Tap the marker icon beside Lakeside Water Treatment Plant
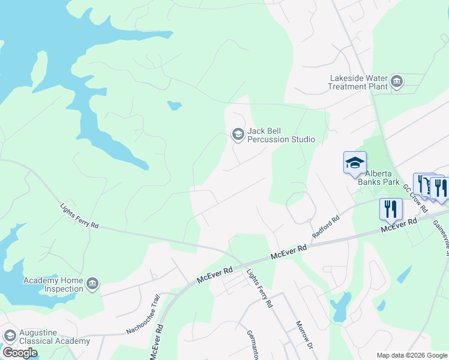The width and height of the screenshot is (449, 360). [x=396, y=82]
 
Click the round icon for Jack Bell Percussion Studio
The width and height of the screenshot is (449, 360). [x=238, y=134]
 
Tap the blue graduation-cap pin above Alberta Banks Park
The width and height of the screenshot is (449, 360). [x=355, y=163]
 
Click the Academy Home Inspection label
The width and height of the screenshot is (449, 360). [x=53, y=284]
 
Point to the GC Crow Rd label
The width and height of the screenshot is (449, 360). [x=414, y=198]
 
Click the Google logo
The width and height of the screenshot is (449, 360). [x=19, y=353]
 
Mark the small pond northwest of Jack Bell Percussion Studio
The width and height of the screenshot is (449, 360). [x=174, y=106]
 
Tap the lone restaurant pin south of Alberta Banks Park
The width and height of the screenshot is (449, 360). [x=391, y=209]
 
